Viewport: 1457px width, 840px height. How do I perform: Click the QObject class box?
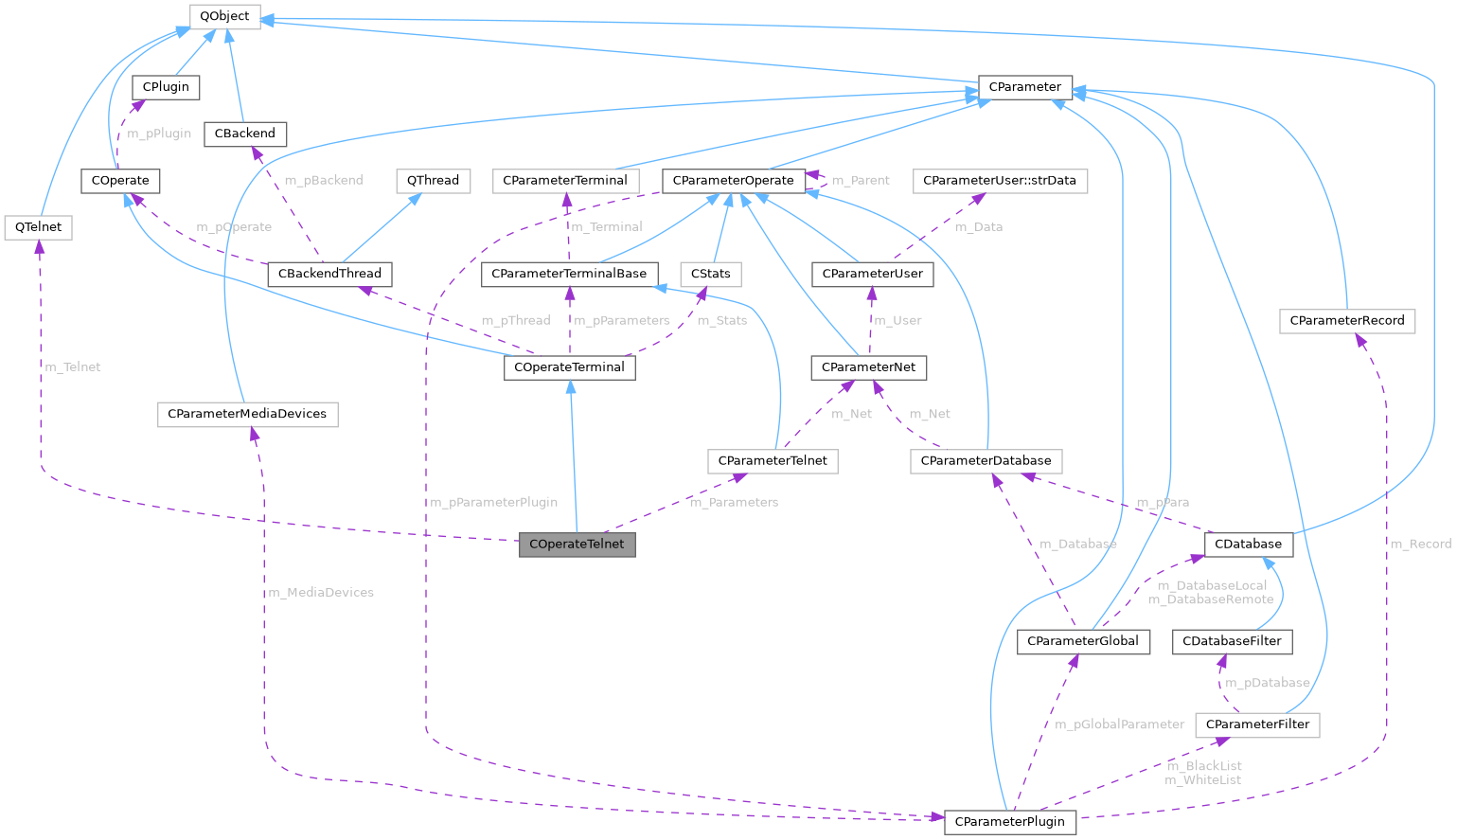click(224, 16)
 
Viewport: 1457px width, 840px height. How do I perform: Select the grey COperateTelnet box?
click(577, 544)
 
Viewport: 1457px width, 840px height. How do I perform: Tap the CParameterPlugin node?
click(1009, 821)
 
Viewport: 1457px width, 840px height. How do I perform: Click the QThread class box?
click(433, 180)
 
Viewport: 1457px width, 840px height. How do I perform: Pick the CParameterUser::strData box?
click(999, 180)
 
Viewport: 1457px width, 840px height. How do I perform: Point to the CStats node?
click(710, 274)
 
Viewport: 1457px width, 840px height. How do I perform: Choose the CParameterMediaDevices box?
click(247, 414)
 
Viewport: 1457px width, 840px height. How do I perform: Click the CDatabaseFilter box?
click(1232, 641)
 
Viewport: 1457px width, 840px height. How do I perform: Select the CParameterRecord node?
click(1346, 320)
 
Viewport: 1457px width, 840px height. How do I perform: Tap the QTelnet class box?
click(38, 227)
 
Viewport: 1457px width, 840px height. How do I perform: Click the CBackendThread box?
click(329, 274)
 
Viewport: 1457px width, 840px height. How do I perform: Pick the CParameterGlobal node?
click(1082, 641)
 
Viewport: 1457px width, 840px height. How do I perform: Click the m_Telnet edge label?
click(72, 366)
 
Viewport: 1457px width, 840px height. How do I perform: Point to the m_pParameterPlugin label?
click(493, 502)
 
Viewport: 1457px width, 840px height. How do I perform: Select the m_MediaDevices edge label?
click(321, 592)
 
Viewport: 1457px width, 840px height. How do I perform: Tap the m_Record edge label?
click(1419, 544)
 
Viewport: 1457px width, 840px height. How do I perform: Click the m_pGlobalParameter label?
click(1119, 724)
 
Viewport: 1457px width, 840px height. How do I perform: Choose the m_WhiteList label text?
click(1202, 779)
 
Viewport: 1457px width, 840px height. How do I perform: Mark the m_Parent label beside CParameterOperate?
click(860, 180)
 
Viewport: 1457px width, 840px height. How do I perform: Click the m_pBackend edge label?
click(323, 180)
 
